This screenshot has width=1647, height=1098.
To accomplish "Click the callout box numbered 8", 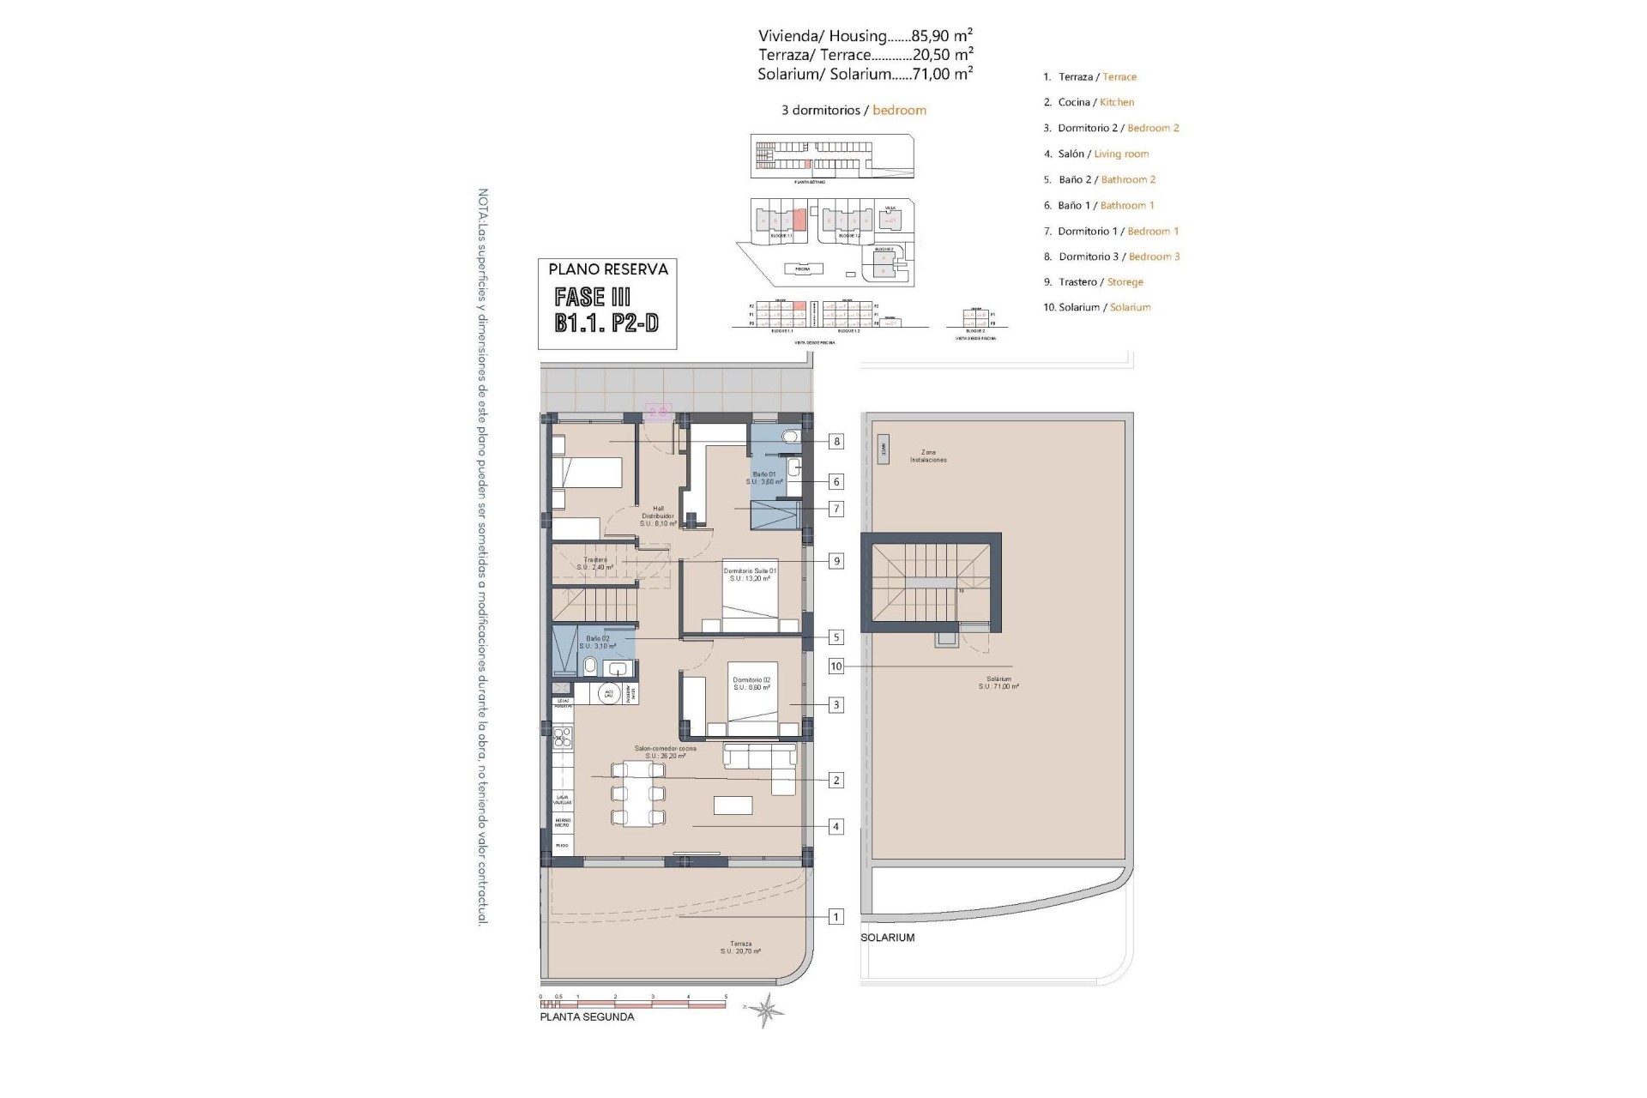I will [836, 442].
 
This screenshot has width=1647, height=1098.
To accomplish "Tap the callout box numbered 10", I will [836, 667].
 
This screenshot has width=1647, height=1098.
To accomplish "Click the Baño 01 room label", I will [764, 478].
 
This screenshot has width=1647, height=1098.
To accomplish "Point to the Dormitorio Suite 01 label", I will [749, 575].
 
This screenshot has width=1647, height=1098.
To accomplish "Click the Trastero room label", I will [594, 563].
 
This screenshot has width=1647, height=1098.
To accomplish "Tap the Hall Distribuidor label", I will [658, 516].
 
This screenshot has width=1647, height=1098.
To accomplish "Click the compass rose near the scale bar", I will [765, 1010].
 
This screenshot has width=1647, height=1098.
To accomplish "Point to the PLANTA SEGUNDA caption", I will [587, 1017].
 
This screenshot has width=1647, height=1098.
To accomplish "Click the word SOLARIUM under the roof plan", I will [888, 938].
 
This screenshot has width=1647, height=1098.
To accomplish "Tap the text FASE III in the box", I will [593, 298].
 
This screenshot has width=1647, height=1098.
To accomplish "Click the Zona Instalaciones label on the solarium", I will [928, 455].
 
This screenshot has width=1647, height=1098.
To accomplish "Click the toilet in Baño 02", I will [590, 667].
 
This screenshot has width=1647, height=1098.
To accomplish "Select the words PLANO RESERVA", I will [607, 269].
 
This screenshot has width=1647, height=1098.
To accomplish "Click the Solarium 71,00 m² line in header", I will [865, 75].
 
